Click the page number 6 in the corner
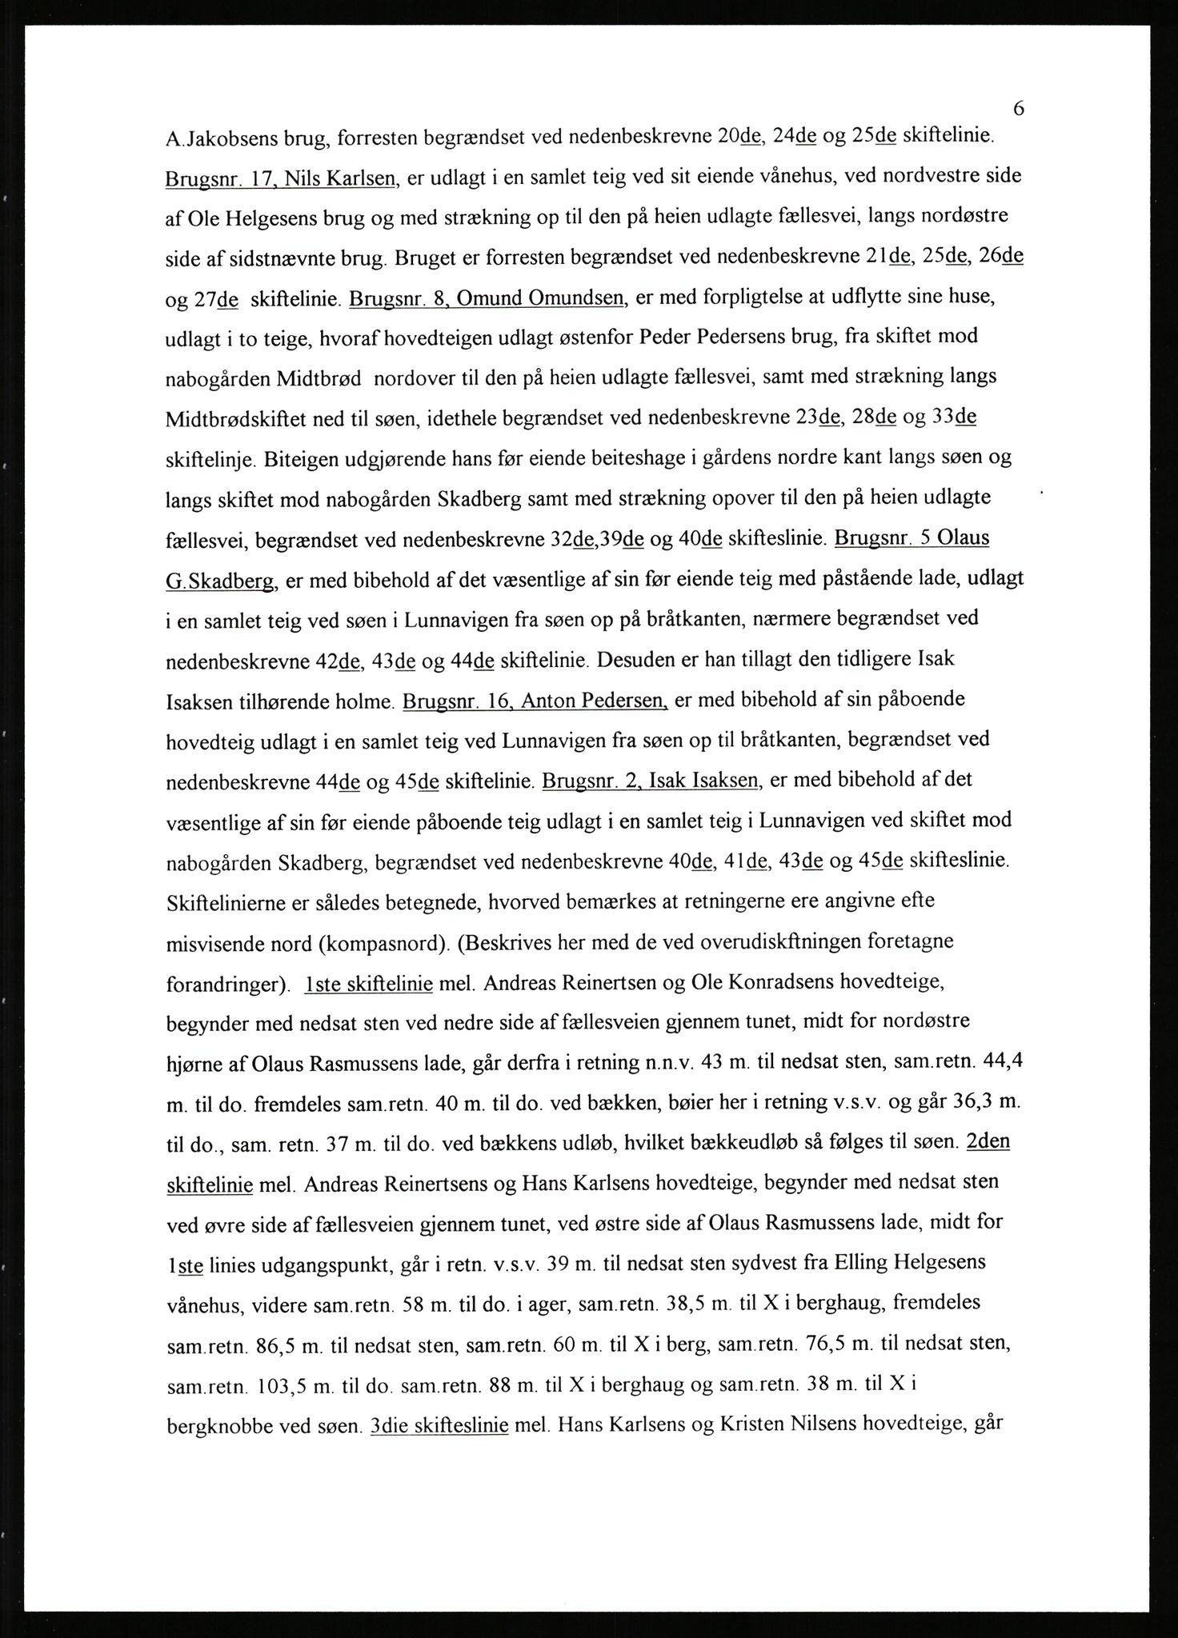[1018, 108]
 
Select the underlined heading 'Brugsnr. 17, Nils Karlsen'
[282, 178]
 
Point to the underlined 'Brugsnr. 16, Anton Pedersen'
[535, 701]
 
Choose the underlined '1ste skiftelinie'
[369, 983]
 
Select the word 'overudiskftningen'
[776, 942]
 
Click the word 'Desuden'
[636, 661]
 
